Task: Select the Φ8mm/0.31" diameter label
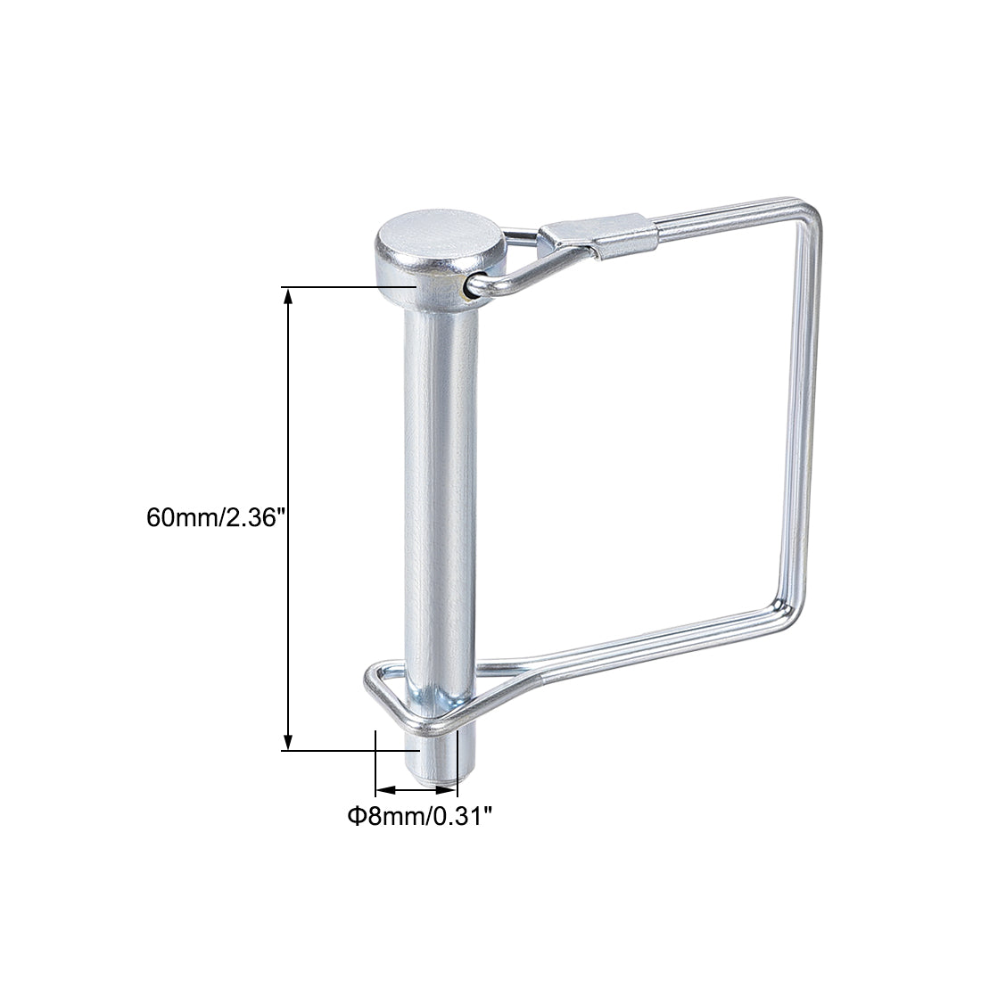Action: [419, 815]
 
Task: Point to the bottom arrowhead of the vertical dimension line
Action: [288, 742]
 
